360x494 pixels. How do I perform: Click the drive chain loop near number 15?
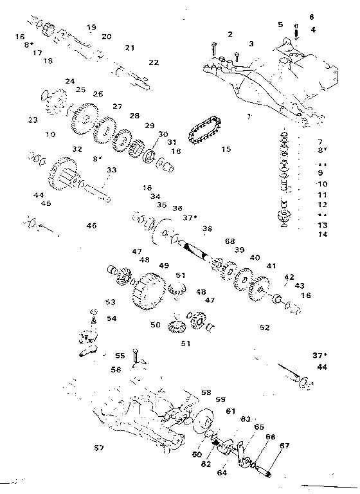pyautogui.click(x=205, y=133)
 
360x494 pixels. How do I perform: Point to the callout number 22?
pyautogui.click(x=153, y=62)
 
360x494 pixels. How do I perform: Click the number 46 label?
pyautogui.click(x=92, y=226)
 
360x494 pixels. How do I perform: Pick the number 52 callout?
pyautogui.click(x=264, y=327)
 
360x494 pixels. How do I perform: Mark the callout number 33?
pyautogui.click(x=112, y=170)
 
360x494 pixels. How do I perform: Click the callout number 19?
pyautogui.click(x=91, y=27)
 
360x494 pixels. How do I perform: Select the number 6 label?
pyautogui.click(x=312, y=17)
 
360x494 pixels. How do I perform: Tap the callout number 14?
pyautogui.click(x=323, y=234)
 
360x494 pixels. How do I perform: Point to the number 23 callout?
pyautogui.click(x=33, y=120)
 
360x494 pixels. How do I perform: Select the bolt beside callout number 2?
pyautogui.click(x=213, y=46)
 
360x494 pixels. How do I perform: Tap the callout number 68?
pyautogui.click(x=230, y=241)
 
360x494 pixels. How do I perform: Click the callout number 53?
pyautogui.click(x=111, y=302)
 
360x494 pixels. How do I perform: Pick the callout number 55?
pyautogui.click(x=120, y=355)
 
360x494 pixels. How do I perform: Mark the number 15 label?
pyautogui.click(x=226, y=149)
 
